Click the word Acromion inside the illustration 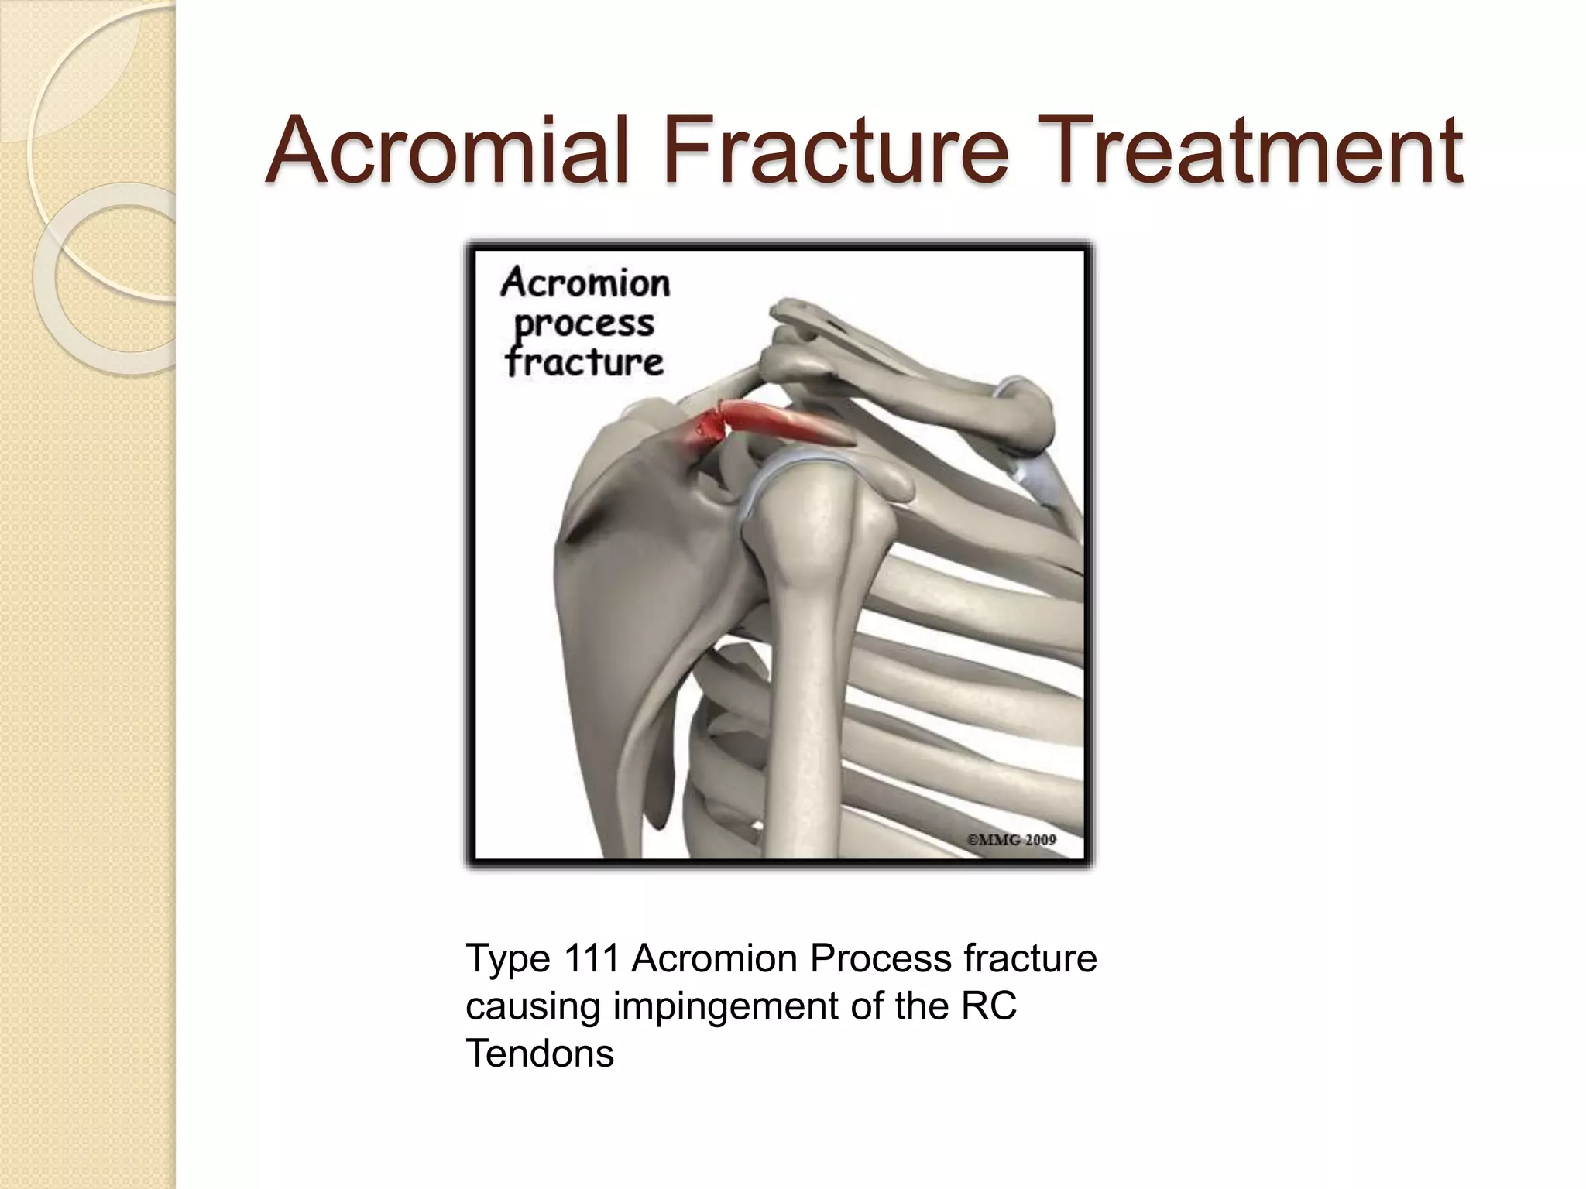[585, 283]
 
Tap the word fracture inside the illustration [585, 362]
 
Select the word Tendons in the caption [540, 1054]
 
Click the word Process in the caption [881, 959]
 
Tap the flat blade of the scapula [612, 604]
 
